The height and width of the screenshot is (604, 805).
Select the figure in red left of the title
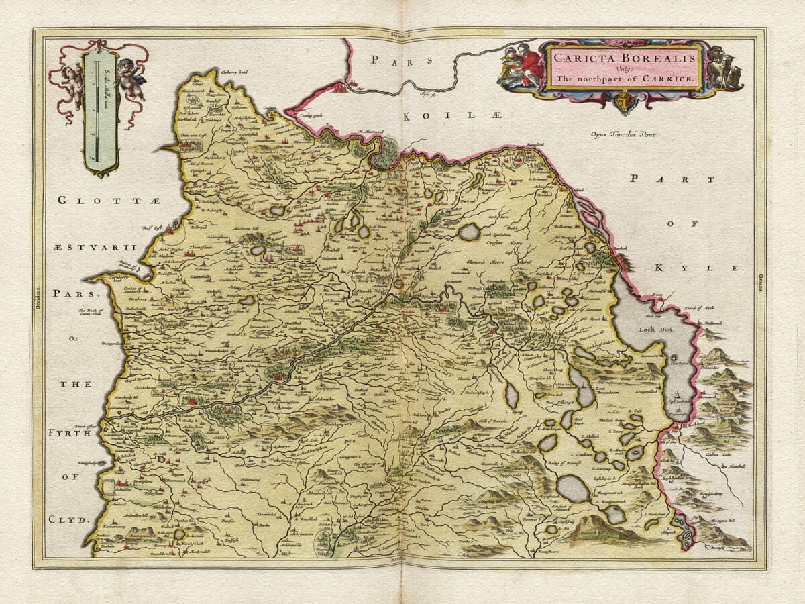[531, 66]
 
